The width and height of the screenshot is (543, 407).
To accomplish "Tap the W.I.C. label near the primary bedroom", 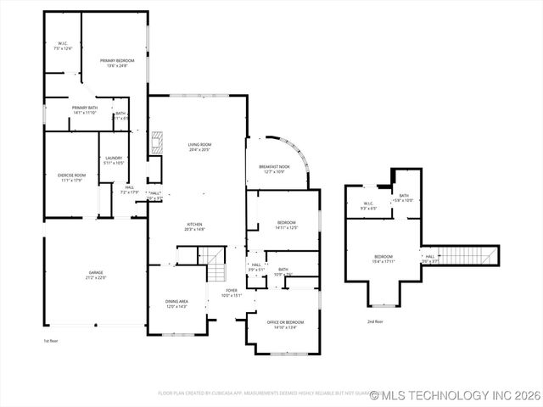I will click(63, 46).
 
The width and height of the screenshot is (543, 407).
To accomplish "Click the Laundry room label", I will click(114, 160).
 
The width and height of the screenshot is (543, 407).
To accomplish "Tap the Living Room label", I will click(199, 147).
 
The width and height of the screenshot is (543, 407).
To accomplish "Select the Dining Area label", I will click(176, 304).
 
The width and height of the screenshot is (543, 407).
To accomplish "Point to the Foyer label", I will click(232, 293).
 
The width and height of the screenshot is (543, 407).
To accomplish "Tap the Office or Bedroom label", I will click(283, 324).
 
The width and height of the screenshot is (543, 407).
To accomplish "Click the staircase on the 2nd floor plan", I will click(467, 255).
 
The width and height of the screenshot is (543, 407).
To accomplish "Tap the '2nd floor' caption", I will click(375, 321).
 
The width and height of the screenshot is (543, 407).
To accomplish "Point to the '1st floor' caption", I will click(52, 341).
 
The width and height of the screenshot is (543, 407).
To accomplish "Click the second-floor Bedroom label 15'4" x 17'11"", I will click(383, 259).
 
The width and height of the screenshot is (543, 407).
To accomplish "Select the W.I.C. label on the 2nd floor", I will click(369, 205).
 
